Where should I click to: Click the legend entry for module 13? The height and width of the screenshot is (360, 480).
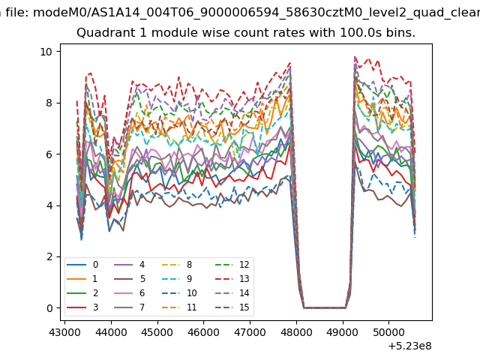(232, 279)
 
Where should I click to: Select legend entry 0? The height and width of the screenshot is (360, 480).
(82, 265)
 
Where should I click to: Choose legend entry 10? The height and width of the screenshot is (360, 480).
(178, 293)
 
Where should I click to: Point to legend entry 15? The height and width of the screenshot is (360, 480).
(232, 307)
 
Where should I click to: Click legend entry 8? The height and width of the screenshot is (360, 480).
(177, 265)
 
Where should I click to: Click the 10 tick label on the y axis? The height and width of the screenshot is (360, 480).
(46, 52)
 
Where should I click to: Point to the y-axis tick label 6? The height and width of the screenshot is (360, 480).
(49, 154)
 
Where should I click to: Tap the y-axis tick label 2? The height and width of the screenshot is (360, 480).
(49, 256)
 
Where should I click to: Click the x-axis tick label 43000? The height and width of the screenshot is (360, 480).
(64, 332)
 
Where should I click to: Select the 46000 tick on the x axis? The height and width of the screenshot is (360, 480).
(203, 332)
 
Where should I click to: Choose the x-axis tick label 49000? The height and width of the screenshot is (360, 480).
(343, 332)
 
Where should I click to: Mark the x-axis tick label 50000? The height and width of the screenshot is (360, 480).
(388, 332)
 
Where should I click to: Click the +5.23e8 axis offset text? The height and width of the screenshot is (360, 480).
(410, 346)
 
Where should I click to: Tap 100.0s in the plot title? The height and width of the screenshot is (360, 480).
(359, 32)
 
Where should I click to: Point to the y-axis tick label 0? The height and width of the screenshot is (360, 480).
(49, 308)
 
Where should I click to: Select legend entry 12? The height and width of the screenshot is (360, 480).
(232, 265)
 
